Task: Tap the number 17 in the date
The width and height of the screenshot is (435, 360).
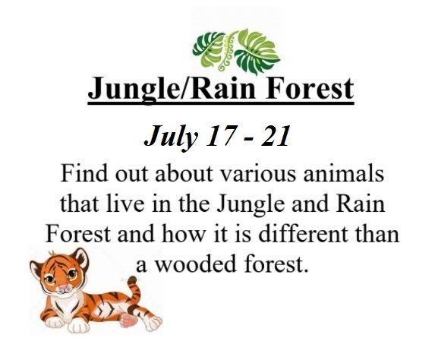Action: click(x=217, y=135)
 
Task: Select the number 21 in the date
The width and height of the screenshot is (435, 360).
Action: click(x=275, y=135)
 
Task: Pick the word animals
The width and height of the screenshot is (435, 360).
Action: click(x=343, y=173)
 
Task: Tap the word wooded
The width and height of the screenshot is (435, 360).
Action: click(x=196, y=264)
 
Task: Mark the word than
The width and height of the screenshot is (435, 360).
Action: click(x=374, y=233)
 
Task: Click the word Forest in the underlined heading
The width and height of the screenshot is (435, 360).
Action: click(x=310, y=88)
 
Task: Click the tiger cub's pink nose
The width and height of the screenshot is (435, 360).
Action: click(x=63, y=286)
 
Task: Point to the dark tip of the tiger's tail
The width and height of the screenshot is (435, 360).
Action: click(x=132, y=279)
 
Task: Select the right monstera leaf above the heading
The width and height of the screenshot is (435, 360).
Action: click(x=255, y=52)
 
